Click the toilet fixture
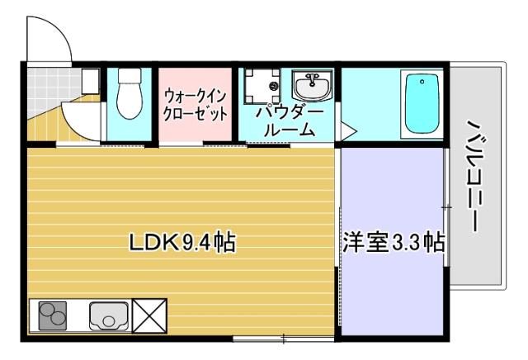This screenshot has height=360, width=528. (x=129, y=96)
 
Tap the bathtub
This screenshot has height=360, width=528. (x=423, y=106)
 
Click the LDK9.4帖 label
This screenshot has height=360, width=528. (x=182, y=243)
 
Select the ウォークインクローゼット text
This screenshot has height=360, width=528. (x=195, y=105)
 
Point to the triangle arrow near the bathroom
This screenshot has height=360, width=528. (x=348, y=130)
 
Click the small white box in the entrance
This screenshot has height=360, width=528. (x=90, y=79)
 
